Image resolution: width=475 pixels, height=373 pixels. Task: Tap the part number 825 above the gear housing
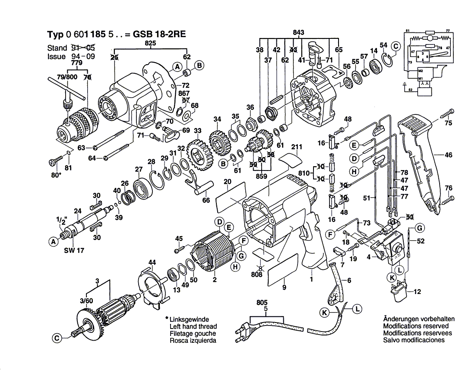coord(150,43)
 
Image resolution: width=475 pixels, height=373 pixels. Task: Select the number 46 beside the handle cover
coord(449,155)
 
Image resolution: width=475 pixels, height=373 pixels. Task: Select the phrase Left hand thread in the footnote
coord(193,326)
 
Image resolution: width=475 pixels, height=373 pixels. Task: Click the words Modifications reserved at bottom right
coord(415,326)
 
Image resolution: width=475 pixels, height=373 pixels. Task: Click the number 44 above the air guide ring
coord(152,262)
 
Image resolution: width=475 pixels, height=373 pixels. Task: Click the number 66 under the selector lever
coord(206,200)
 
